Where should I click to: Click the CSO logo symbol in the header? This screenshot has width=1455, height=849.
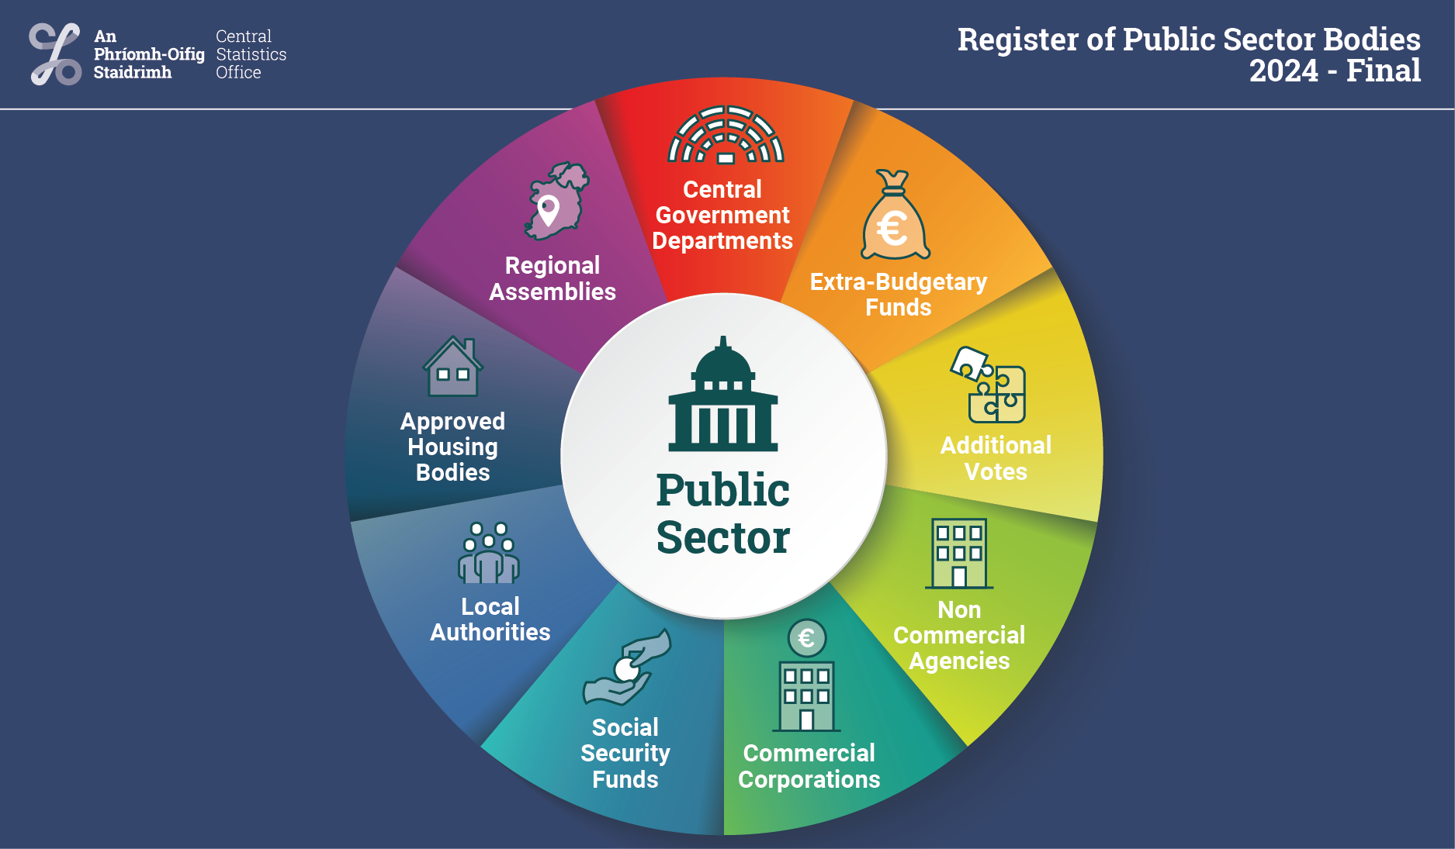pos(55,54)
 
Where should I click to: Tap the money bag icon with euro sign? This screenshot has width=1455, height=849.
pos(895,217)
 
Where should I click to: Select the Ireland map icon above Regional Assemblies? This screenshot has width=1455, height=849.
pos(556,201)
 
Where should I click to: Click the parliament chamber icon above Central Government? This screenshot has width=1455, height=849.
pos(726,135)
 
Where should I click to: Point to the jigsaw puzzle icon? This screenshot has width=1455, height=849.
pos(989,385)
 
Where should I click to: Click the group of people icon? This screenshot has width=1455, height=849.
pos(489,554)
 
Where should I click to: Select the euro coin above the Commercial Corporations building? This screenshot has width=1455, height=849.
pos(806,638)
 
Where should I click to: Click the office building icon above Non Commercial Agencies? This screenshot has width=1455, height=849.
pos(959,554)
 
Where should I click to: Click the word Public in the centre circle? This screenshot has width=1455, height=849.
pos(723,491)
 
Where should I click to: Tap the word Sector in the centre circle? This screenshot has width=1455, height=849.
pos(723,538)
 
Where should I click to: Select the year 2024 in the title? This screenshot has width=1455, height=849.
pos(1284,71)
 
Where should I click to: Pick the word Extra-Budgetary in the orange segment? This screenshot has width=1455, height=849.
pos(898,281)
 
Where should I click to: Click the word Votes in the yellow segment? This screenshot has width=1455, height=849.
pos(996,471)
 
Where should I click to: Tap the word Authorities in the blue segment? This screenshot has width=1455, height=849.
pos(490,632)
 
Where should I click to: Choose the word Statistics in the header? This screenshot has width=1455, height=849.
pos(251,54)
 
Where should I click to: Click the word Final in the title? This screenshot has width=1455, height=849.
pos(1384,71)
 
